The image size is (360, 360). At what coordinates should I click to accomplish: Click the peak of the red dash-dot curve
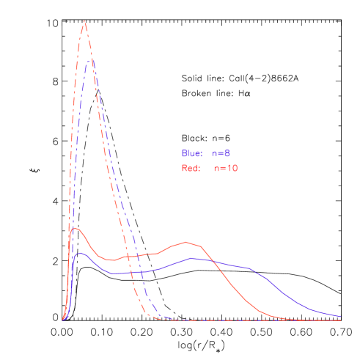(x=84, y=21)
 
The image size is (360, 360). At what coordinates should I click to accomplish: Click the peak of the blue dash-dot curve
(x=90, y=60)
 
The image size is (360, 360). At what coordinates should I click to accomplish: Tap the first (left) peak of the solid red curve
(x=75, y=228)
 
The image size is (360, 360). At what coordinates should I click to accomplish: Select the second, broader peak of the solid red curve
(x=188, y=241)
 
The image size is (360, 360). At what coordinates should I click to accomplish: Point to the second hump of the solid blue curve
(x=192, y=258)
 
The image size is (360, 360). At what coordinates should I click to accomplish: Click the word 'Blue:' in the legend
(x=191, y=154)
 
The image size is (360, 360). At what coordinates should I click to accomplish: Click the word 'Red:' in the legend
(x=191, y=169)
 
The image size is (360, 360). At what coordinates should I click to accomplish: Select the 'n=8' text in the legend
(x=221, y=154)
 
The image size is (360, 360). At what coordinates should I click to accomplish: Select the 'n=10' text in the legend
(x=226, y=169)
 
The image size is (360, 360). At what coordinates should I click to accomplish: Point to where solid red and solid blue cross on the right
(x=211, y=260)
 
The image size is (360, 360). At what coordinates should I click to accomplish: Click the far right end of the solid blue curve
(x=341, y=317)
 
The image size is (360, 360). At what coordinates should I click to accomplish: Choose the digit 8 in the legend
(x=228, y=154)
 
